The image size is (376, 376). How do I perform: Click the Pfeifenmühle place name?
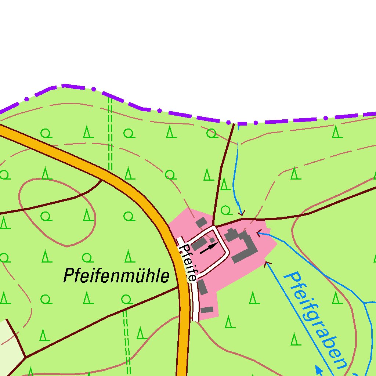(116, 275)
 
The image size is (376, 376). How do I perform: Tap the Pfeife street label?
(188, 263)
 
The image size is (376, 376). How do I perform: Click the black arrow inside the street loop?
(208, 249)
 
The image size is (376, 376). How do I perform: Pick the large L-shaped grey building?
(244, 246)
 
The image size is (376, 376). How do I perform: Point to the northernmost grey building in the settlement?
(201, 223)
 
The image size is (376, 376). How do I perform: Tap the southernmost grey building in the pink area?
(207, 310)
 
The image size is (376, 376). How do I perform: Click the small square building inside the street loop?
(212, 240)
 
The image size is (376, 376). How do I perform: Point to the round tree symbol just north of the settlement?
(226, 210)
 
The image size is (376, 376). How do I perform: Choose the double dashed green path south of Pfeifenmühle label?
(127, 341)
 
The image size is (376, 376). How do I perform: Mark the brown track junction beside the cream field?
(25, 357)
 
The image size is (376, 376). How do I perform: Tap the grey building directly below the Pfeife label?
(203, 287)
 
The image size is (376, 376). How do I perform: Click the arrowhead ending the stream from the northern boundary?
(241, 213)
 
